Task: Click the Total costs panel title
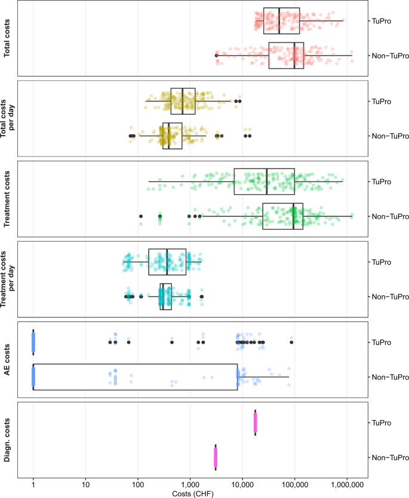click(x=8, y=38)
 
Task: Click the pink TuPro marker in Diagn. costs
click(x=255, y=422)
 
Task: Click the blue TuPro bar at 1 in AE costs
click(x=33, y=341)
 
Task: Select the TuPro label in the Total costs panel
click(x=381, y=20)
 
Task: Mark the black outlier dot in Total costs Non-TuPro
click(x=216, y=56)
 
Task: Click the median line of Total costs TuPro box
click(x=279, y=20)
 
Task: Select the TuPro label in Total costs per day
click(x=381, y=101)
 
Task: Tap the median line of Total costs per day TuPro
click(x=183, y=101)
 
